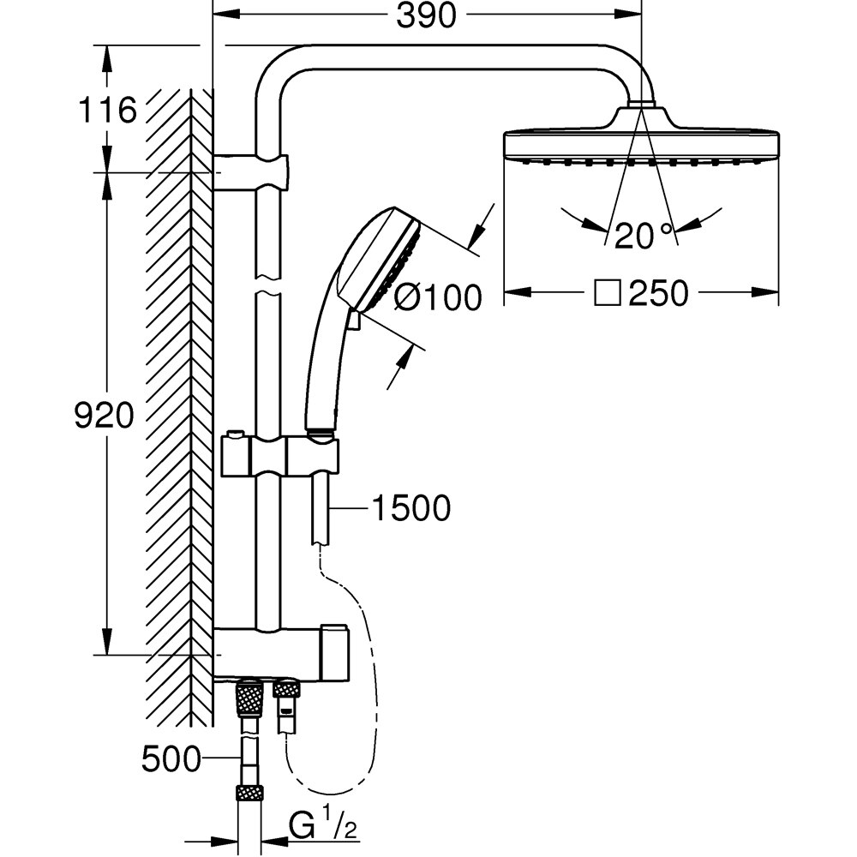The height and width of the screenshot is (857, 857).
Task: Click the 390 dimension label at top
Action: pos(426,15)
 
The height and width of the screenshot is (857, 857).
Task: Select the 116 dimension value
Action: pos(107,110)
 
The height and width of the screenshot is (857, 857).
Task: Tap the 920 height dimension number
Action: pos(104,415)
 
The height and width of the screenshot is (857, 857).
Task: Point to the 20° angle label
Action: pos(643,236)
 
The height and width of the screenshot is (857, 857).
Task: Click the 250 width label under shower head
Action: pos(658,293)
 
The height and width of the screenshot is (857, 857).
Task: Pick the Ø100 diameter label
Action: pos(438,298)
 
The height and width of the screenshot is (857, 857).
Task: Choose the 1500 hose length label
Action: pos(411,507)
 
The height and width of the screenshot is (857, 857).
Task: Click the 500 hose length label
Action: pos(171,759)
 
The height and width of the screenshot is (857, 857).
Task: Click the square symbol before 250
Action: pos(608,293)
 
